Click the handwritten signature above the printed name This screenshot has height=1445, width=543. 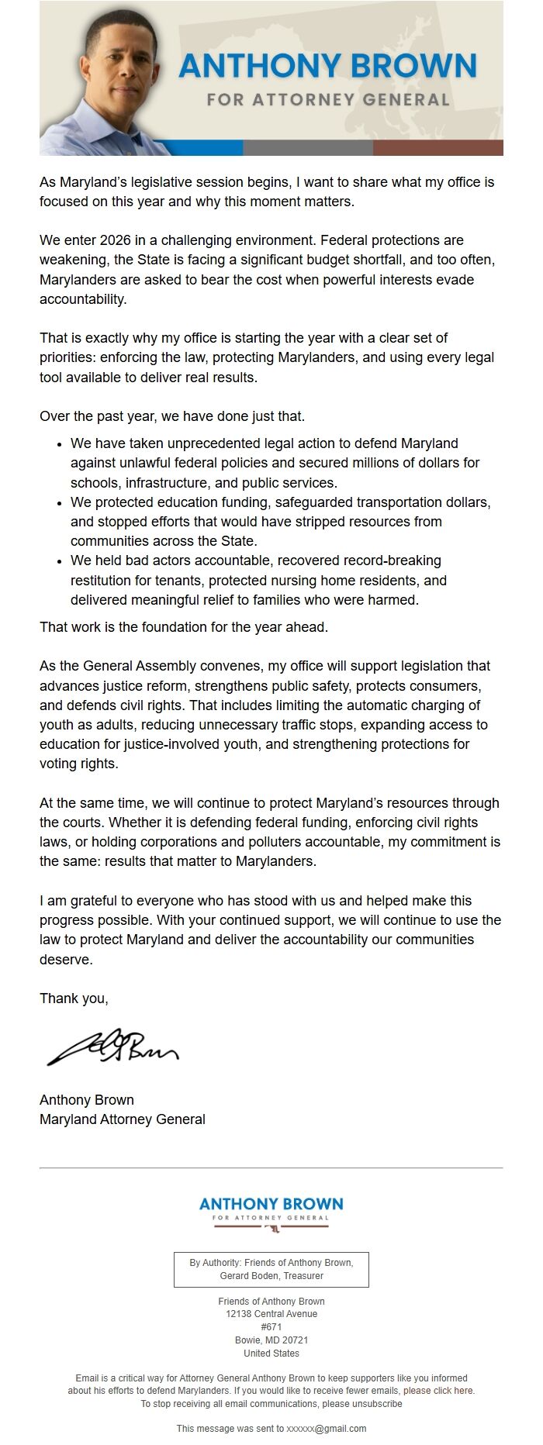pyautogui.click(x=112, y=1047)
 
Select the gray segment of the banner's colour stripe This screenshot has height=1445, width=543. pyautogui.click(x=308, y=147)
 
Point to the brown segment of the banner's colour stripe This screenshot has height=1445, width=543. pyautogui.click(x=438, y=147)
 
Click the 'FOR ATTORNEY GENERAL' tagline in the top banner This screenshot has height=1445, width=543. pyautogui.click(x=328, y=100)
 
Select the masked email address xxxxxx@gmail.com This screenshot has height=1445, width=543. pyautogui.click(x=327, y=1429)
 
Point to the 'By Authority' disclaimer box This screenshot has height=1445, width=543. pyautogui.click(x=271, y=1269)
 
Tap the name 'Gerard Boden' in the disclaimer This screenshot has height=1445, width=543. pyautogui.click(x=247, y=1276)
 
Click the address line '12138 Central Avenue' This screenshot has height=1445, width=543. pyautogui.click(x=271, y=1314)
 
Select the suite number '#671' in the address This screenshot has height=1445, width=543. pyautogui.click(x=271, y=1327)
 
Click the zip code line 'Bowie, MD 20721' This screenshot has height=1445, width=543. pyautogui.click(x=271, y=1340)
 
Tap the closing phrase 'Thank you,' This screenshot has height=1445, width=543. pyautogui.click(x=74, y=998)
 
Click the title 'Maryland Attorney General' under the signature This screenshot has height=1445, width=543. pyautogui.click(x=123, y=1119)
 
